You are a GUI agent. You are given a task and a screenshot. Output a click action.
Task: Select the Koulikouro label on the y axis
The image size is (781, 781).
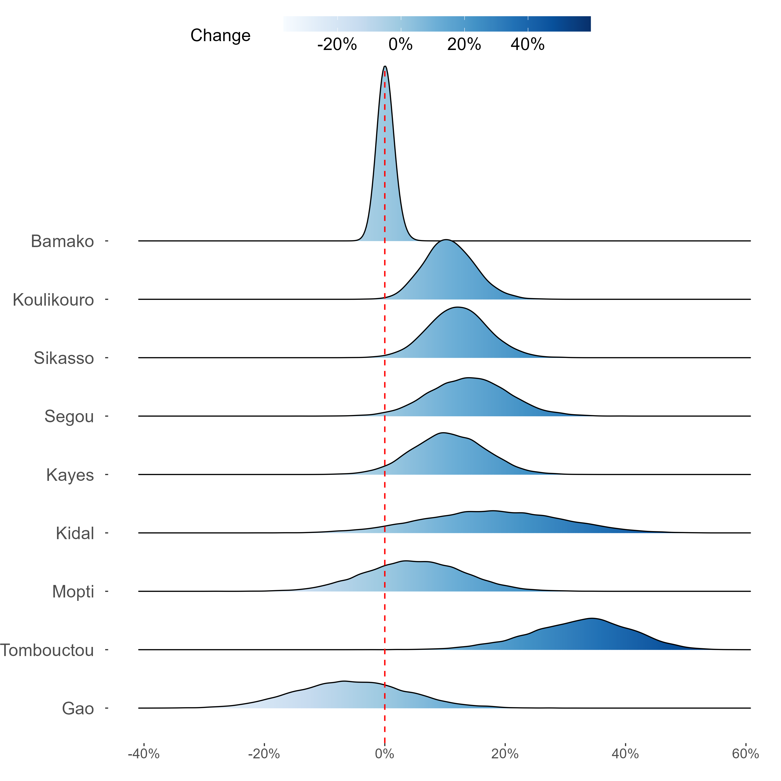tap(53, 300)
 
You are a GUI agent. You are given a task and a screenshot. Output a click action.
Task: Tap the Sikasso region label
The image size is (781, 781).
tap(64, 358)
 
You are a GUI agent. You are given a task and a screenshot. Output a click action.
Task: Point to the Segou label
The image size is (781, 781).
tap(69, 416)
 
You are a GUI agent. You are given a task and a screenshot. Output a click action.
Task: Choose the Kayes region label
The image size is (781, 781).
tap(70, 475)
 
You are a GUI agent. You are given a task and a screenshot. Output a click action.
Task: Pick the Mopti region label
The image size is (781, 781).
tap(73, 591)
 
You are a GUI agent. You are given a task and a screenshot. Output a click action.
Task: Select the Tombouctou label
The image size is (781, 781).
tap(47, 650)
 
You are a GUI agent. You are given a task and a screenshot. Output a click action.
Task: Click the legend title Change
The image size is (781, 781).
tap(220, 36)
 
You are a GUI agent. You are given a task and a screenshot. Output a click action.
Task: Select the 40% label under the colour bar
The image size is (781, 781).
tap(527, 45)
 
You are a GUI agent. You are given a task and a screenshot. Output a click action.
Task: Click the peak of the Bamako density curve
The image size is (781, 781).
tap(385, 66)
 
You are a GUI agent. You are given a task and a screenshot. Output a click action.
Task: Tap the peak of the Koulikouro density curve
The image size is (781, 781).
tap(446, 240)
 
